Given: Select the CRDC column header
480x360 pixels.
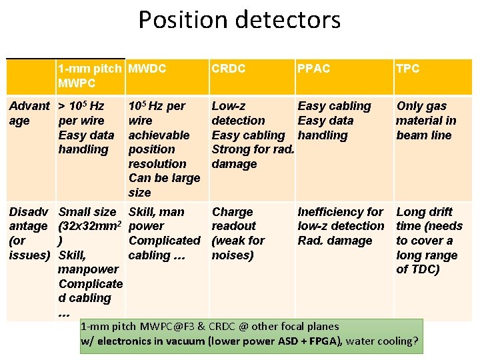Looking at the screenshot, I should pyautogui.click(x=228, y=69).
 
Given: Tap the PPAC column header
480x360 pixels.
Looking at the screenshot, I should pyautogui.click(x=313, y=69).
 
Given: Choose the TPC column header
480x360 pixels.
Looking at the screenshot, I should pyautogui.click(x=407, y=69).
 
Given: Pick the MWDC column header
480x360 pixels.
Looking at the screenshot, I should pyautogui.click(x=147, y=69).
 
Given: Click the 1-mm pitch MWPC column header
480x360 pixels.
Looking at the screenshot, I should pyautogui.click(x=89, y=76).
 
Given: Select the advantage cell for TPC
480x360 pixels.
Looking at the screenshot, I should pyautogui.click(x=425, y=121).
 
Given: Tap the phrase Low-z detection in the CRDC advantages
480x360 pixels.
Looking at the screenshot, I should pyautogui.click(x=237, y=113).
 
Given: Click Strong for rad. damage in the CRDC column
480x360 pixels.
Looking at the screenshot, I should pyautogui.click(x=252, y=157).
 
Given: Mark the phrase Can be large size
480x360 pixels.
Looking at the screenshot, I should pyautogui.click(x=163, y=185).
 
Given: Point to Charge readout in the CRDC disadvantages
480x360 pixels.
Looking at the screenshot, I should pyautogui.click(x=233, y=219).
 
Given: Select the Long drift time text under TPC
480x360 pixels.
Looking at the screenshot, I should pyautogui.click(x=424, y=219).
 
